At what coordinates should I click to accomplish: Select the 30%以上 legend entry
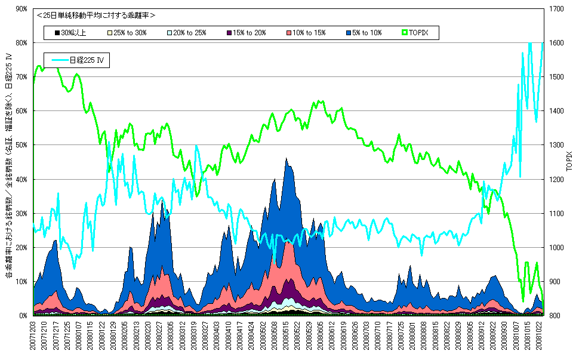70,32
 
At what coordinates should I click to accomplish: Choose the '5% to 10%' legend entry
364,32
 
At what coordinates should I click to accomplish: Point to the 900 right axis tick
556,281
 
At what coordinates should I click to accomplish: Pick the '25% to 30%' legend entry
128,32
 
